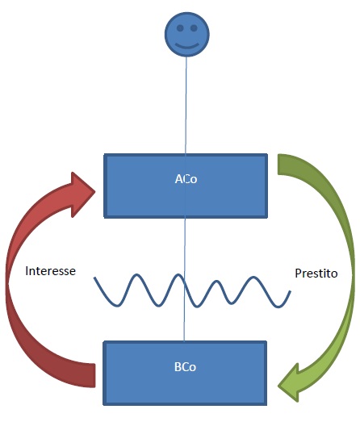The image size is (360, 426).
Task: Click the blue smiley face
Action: [x=187, y=34]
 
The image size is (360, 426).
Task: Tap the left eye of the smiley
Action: [x=180, y=27]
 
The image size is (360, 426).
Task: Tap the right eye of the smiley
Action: [x=194, y=27]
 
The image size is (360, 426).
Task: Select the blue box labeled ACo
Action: [x=186, y=186]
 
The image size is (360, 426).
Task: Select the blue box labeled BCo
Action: [x=185, y=373]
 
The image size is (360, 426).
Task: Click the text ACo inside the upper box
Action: [x=186, y=179]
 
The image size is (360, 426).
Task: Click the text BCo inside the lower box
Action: [x=185, y=367]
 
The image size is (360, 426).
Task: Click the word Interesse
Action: [x=50, y=271]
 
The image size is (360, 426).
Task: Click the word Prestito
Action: [x=316, y=274]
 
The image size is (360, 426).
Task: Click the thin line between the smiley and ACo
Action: [x=186, y=105]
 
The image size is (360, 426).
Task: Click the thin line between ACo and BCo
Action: [x=185, y=279]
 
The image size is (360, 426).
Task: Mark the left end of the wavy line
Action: [x=94, y=278]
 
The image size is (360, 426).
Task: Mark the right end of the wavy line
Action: [x=291, y=291]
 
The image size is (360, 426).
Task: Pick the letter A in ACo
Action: [x=178, y=179]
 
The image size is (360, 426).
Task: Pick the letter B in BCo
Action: [x=178, y=367]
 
